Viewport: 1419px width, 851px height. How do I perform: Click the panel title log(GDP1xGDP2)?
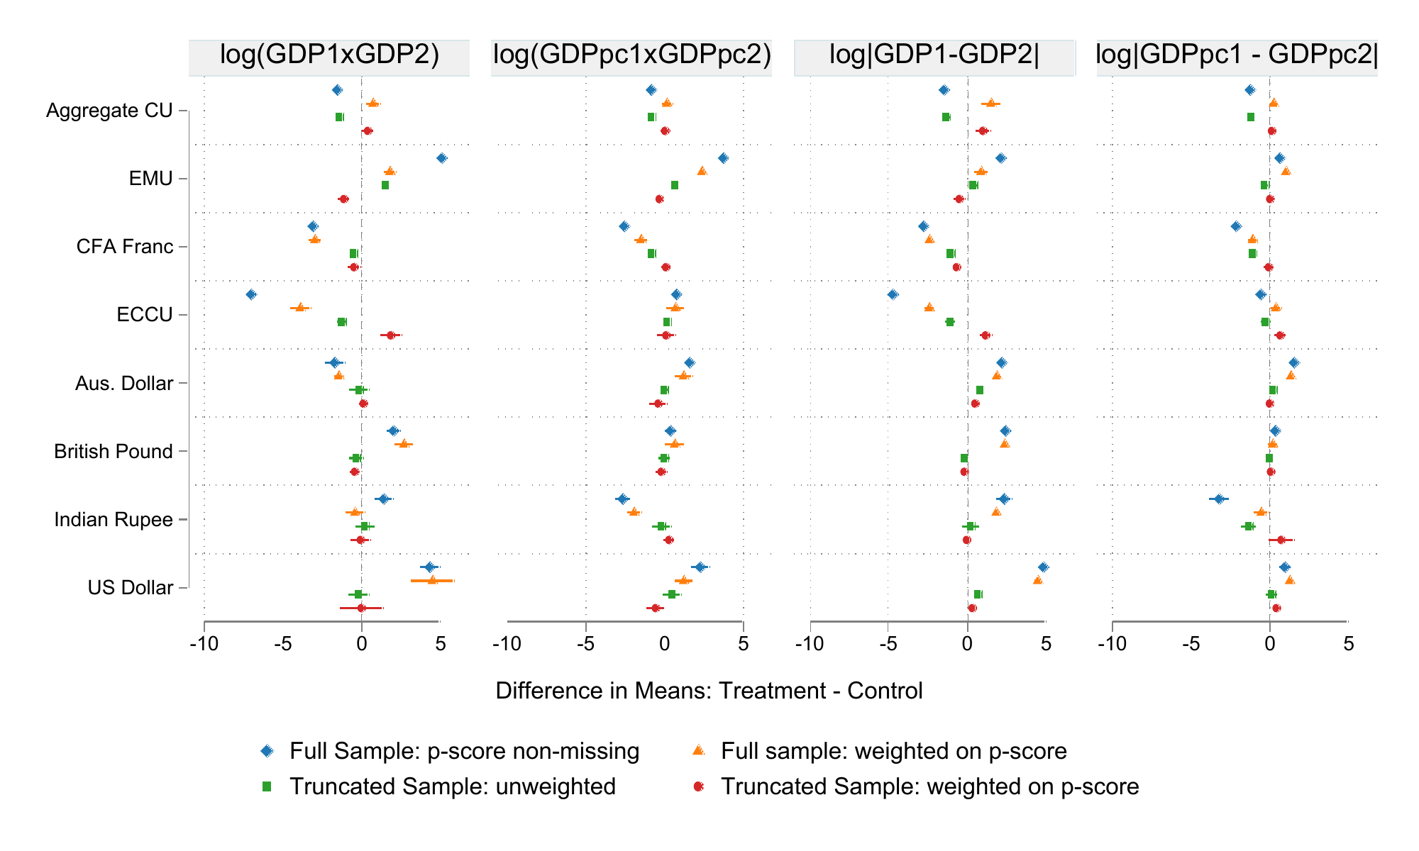(329, 55)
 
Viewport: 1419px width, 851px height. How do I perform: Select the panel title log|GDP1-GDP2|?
(934, 55)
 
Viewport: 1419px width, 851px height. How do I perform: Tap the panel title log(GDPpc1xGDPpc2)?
(631, 55)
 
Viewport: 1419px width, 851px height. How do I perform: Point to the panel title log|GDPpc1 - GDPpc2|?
(1237, 55)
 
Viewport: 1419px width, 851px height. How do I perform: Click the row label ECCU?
(145, 315)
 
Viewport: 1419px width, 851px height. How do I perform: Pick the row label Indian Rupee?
(114, 520)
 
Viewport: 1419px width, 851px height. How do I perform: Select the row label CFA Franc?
(125, 247)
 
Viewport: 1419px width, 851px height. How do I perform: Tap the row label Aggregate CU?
(109, 111)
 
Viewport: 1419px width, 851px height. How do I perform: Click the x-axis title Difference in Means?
(709, 691)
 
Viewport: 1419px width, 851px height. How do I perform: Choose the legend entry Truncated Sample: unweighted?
(452, 786)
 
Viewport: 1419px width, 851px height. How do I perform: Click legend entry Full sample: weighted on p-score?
(893, 751)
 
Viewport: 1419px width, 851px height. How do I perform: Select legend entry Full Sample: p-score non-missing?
(464, 751)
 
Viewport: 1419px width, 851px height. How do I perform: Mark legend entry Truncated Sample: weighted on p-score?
(929, 786)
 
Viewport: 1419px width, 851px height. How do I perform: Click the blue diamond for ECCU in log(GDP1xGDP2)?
(251, 294)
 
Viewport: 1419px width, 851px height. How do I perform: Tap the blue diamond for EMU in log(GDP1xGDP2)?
(442, 158)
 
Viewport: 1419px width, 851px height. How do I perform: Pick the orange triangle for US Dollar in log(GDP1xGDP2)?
(432, 580)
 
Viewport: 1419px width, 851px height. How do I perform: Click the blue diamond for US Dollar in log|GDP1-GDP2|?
(1043, 567)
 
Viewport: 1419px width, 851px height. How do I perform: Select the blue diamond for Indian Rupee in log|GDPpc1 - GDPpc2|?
(1219, 499)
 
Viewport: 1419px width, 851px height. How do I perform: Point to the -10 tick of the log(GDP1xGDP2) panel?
(204, 644)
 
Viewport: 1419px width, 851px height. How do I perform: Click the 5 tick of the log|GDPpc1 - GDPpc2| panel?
(1348, 644)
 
